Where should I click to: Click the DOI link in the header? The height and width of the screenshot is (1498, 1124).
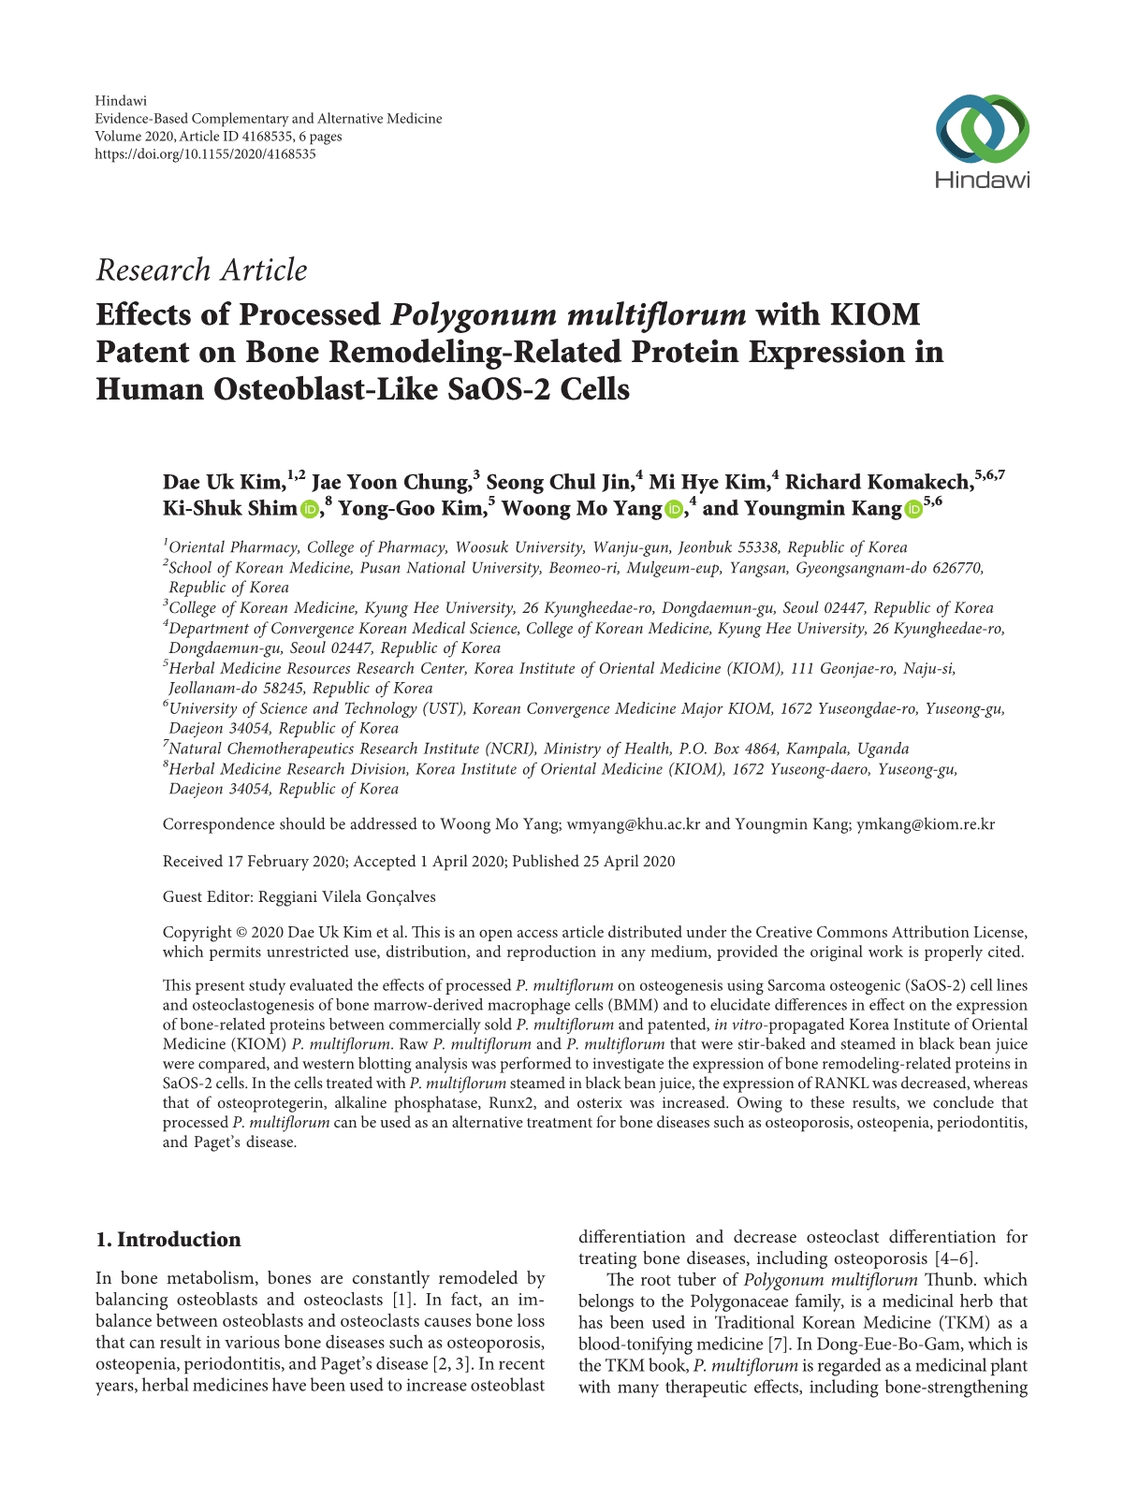tap(205, 153)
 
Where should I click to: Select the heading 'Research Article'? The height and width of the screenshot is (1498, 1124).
tap(201, 270)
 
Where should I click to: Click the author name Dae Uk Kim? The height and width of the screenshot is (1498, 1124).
tap(223, 483)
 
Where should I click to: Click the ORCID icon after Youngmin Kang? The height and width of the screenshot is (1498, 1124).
tap(913, 510)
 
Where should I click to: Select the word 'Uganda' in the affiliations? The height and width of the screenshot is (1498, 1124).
tap(884, 749)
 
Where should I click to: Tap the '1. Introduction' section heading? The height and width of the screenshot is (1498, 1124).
tap(168, 1240)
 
